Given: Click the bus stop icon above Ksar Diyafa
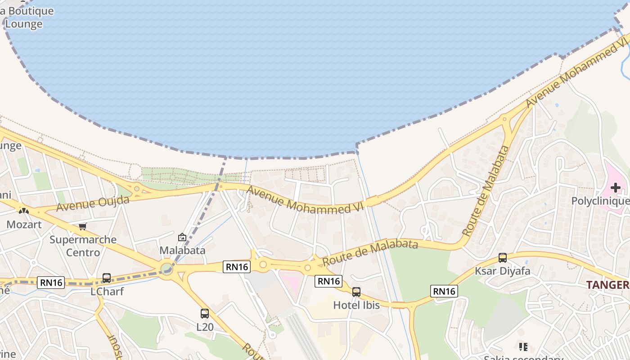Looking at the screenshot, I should click(503, 258).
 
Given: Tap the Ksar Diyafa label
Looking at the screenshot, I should click(503, 271).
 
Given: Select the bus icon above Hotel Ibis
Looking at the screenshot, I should click(356, 292).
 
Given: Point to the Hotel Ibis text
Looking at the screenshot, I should click(356, 305).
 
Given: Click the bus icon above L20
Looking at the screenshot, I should click(205, 314).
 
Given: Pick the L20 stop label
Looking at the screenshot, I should click(205, 327).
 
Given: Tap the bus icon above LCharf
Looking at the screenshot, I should click(107, 278).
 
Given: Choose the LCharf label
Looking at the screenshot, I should click(107, 292).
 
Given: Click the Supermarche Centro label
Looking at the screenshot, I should click(83, 246).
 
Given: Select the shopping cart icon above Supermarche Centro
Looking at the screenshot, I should click(82, 226).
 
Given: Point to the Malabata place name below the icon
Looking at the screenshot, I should click(182, 250).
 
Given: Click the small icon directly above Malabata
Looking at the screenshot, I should click(182, 237).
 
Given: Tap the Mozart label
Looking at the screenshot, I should click(24, 224).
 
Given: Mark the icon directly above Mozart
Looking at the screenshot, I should click(24, 211).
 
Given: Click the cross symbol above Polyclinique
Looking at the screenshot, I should click(616, 188).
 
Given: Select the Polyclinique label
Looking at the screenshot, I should click(600, 201).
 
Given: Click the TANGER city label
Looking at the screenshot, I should click(607, 285).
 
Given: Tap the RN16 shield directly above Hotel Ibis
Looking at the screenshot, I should click(328, 281).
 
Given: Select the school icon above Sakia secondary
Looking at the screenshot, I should click(523, 346).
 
